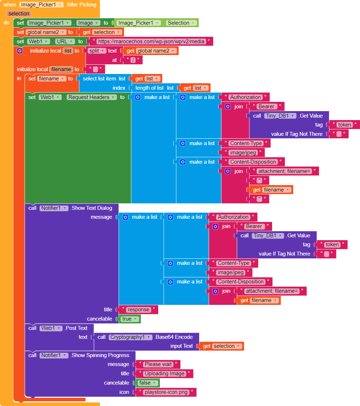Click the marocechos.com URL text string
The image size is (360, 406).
(x=151, y=41)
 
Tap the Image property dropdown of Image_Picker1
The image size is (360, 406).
(x=88, y=23)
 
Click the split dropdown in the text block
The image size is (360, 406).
(x=97, y=51)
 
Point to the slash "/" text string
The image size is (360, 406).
(x=133, y=60)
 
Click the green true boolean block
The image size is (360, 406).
(x=130, y=319)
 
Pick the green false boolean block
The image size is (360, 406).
(x=147, y=383)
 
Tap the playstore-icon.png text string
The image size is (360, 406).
(x=166, y=392)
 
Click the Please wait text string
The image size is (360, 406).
(x=158, y=364)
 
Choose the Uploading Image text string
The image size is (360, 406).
(x=164, y=373)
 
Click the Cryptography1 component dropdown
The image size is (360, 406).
(x=130, y=337)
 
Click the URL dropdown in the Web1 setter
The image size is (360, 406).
(x=65, y=41)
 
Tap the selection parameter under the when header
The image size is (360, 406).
(x=19, y=14)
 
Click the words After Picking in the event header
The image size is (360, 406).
(x=81, y=5)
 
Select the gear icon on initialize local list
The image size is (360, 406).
(x=20, y=51)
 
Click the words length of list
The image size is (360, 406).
(x=149, y=88)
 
